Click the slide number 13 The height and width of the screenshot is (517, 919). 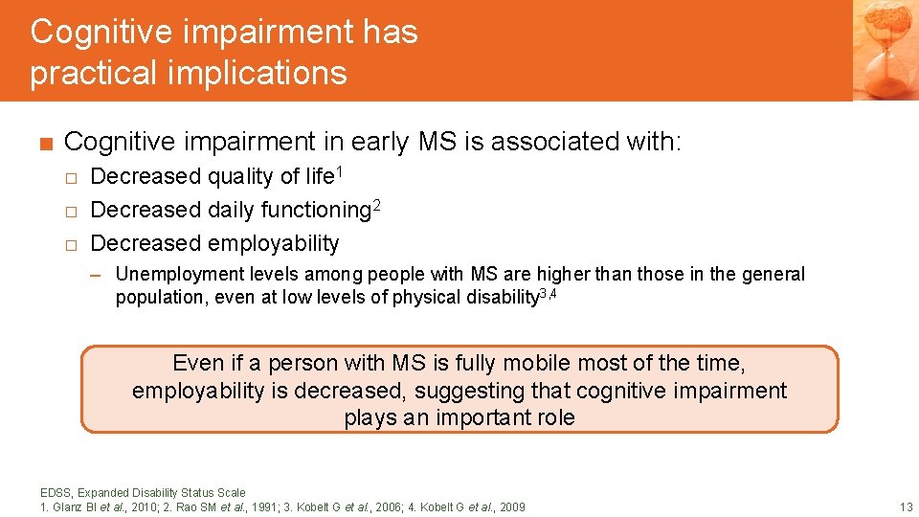pos(906,506)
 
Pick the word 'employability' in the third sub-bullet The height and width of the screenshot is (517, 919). pos(273,243)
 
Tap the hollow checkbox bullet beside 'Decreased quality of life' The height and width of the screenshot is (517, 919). pos(70,177)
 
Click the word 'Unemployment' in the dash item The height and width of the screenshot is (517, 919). pos(170,274)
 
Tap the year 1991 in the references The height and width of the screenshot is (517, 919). pos(264,506)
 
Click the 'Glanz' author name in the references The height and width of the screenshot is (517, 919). pos(67,506)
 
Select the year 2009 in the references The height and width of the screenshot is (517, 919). pos(510,506)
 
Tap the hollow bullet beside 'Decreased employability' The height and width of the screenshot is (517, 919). pos(70,244)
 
